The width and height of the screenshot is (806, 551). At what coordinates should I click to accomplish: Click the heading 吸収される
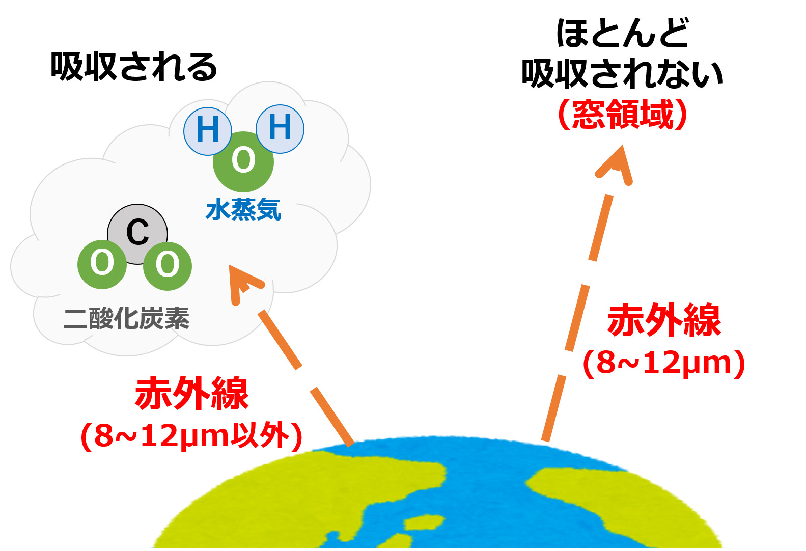pyautogui.click(x=134, y=67)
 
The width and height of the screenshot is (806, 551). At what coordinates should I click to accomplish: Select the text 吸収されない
pyautogui.click(x=622, y=74)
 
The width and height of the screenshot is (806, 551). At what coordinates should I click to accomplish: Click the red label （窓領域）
pyautogui.click(x=622, y=114)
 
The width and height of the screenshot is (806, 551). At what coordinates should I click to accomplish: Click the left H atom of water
pyautogui.click(x=208, y=131)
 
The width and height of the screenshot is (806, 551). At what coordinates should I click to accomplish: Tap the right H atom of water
pyautogui.click(x=280, y=129)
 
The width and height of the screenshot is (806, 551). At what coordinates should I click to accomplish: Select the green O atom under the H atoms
pyautogui.click(x=243, y=162)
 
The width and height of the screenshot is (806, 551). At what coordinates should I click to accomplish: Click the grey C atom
pyautogui.click(x=137, y=234)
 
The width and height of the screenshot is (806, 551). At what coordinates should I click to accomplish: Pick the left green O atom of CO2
pyautogui.click(x=102, y=264)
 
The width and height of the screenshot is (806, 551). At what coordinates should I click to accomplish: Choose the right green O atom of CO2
pyautogui.click(x=168, y=266)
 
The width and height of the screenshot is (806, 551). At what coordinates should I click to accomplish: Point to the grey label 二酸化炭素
pyautogui.click(x=127, y=318)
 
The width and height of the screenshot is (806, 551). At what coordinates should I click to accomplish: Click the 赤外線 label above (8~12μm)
pyautogui.click(x=664, y=320)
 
